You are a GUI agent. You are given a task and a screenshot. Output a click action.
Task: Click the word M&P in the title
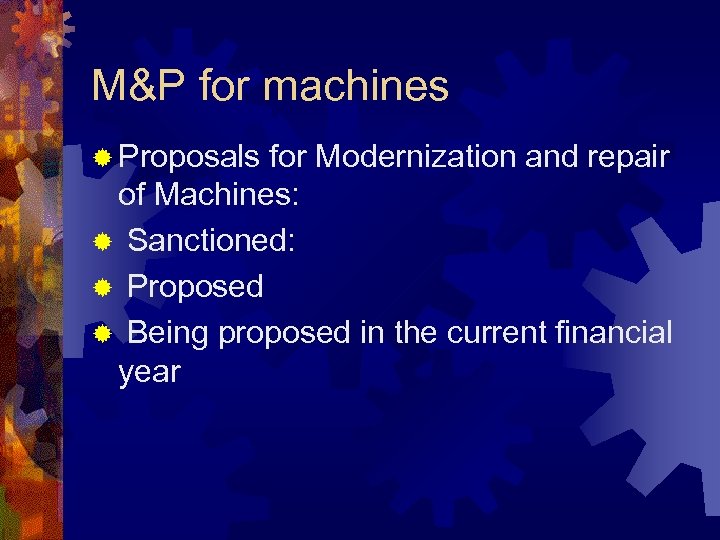(x=138, y=87)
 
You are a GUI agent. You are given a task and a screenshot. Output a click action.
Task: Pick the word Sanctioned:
(x=211, y=241)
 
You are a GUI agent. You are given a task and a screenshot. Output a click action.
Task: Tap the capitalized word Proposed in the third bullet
(x=196, y=288)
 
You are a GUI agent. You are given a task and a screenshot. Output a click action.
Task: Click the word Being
(x=168, y=333)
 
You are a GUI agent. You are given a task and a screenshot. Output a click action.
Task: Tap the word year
(x=149, y=374)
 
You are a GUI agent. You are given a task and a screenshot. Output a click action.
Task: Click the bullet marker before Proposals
(x=102, y=158)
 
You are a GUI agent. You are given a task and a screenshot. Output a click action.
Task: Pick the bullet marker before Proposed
(x=102, y=288)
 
